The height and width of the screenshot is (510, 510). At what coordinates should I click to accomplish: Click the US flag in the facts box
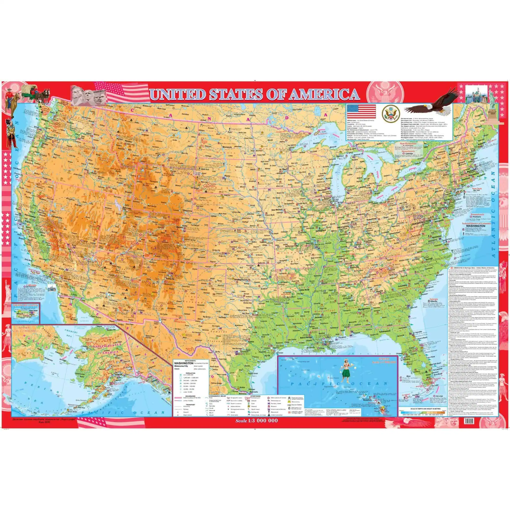pyautogui.click(x=361, y=111)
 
